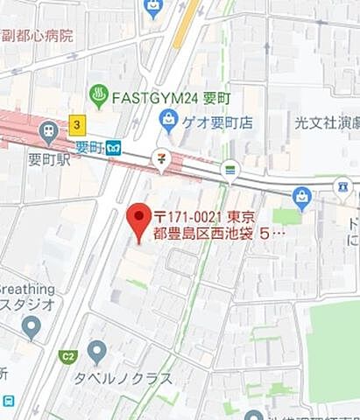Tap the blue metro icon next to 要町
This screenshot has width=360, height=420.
(113, 148)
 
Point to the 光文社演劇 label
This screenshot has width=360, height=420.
(328, 124)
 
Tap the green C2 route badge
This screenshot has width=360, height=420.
(67, 356)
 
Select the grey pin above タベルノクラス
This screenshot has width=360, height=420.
(97, 352)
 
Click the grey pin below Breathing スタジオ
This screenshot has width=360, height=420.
(32, 327)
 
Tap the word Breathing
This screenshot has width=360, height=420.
(27, 289)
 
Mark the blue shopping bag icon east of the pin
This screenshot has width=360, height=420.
(302, 198)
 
